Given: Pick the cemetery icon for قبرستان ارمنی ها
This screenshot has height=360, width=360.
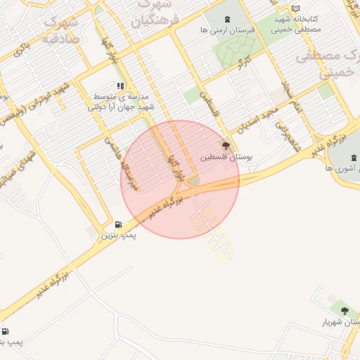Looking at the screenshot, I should coord(226,20).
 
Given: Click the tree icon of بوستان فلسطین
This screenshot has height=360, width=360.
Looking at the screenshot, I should coord(226,146).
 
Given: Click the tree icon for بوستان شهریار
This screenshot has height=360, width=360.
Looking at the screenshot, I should coord(344,309).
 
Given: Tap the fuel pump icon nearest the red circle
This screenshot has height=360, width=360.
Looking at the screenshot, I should coord(117,225).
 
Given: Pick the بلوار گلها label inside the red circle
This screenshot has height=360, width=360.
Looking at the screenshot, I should coord(174,168).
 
